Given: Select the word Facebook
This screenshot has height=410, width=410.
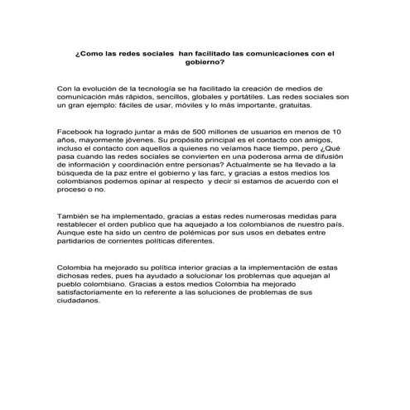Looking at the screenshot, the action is click(x=75, y=133).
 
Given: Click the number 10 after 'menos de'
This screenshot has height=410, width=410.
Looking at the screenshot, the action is click(x=335, y=133).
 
